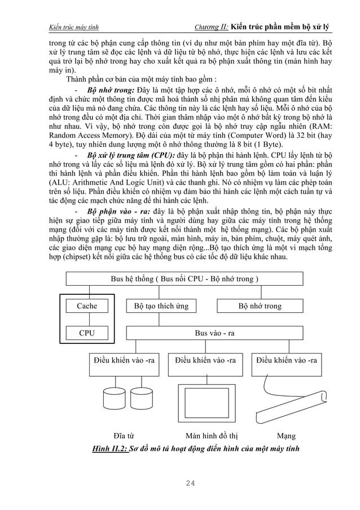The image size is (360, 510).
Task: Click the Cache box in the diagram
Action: click(86, 306)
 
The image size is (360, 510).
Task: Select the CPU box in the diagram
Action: click(86, 333)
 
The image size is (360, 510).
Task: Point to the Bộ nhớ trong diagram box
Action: click(260, 306)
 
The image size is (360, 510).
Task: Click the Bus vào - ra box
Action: click(214, 333)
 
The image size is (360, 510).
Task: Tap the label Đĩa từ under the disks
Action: click(124, 436)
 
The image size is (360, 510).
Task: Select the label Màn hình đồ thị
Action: click(212, 436)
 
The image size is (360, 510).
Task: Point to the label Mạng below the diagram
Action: click(286, 436)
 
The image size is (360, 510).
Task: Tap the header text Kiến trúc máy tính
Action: click(74, 27)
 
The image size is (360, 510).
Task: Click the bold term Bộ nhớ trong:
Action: click(111, 90)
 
